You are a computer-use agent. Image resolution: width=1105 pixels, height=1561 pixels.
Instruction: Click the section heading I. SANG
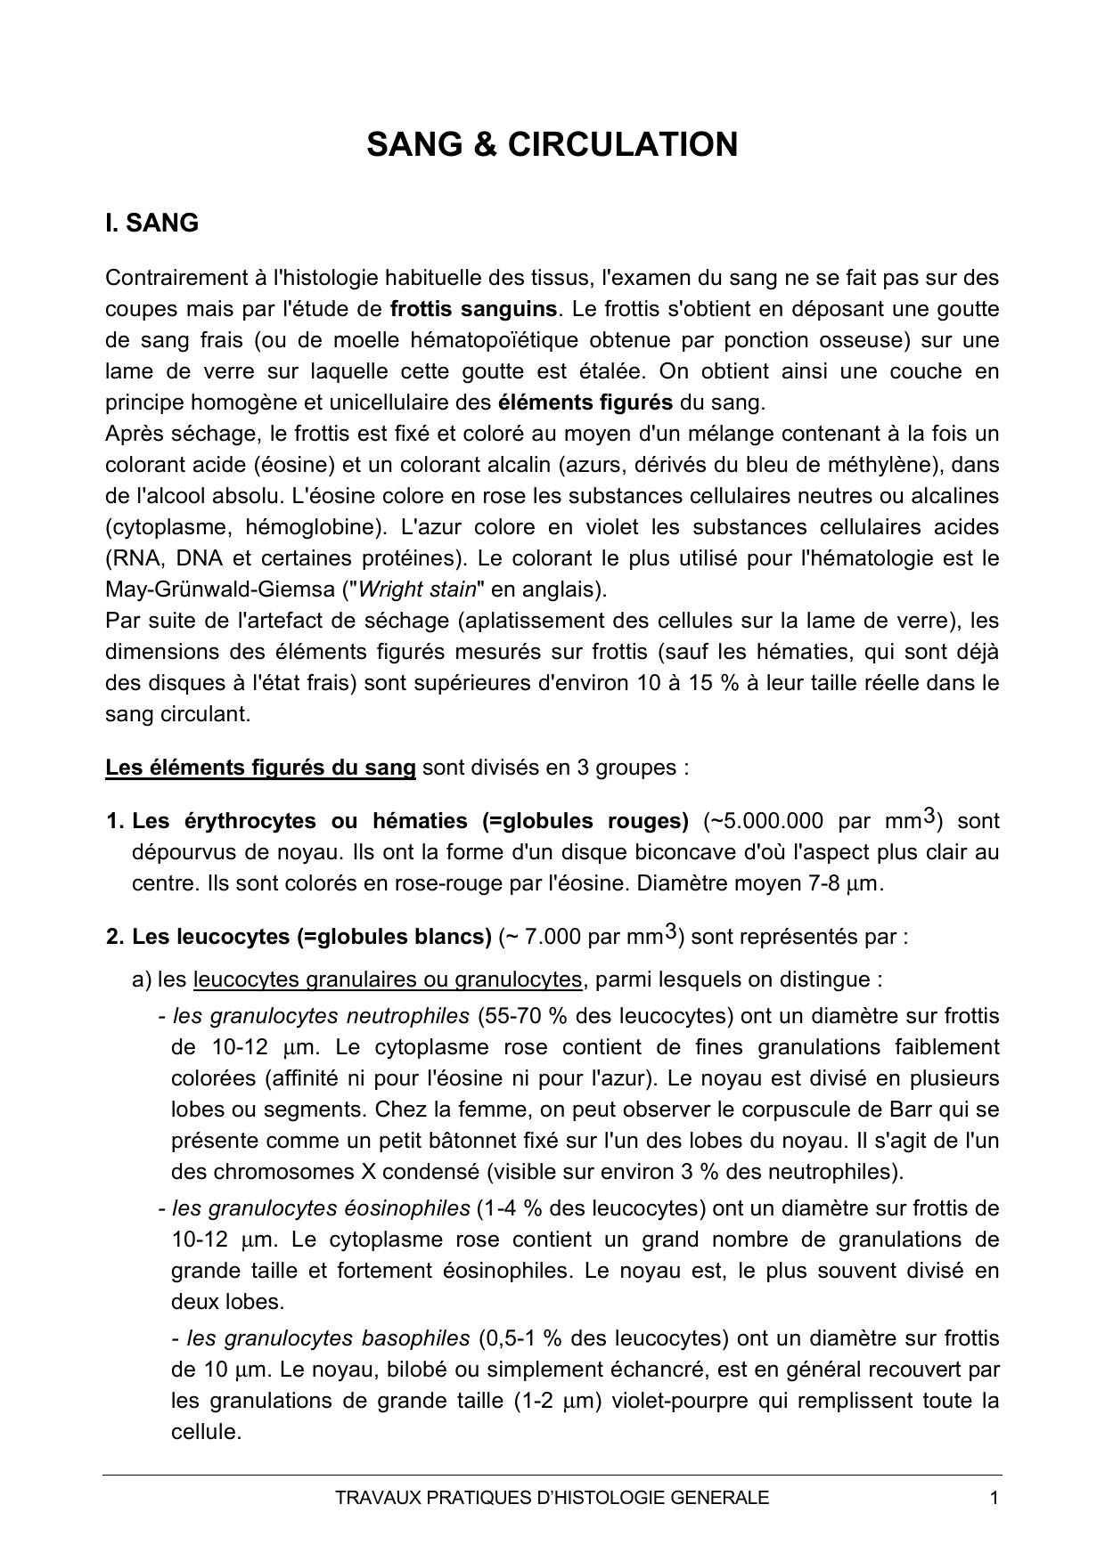tap(151, 224)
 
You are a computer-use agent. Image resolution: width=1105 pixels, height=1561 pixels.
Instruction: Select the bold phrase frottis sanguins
tap(474, 309)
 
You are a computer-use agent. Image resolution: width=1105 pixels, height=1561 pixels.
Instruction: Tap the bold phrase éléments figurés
tap(585, 402)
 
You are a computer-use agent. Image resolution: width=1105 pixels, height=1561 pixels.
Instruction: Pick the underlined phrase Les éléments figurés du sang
tap(260, 768)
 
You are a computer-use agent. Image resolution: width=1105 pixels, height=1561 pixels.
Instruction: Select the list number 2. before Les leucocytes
tap(115, 937)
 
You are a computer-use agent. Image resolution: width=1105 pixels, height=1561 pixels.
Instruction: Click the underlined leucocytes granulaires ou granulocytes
tap(388, 980)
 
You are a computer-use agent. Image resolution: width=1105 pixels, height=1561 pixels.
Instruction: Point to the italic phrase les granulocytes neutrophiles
tap(321, 1016)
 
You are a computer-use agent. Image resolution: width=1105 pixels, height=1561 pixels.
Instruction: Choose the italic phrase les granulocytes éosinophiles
tap(321, 1208)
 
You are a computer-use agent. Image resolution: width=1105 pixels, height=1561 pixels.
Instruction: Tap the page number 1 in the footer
tap(994, 1498)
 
